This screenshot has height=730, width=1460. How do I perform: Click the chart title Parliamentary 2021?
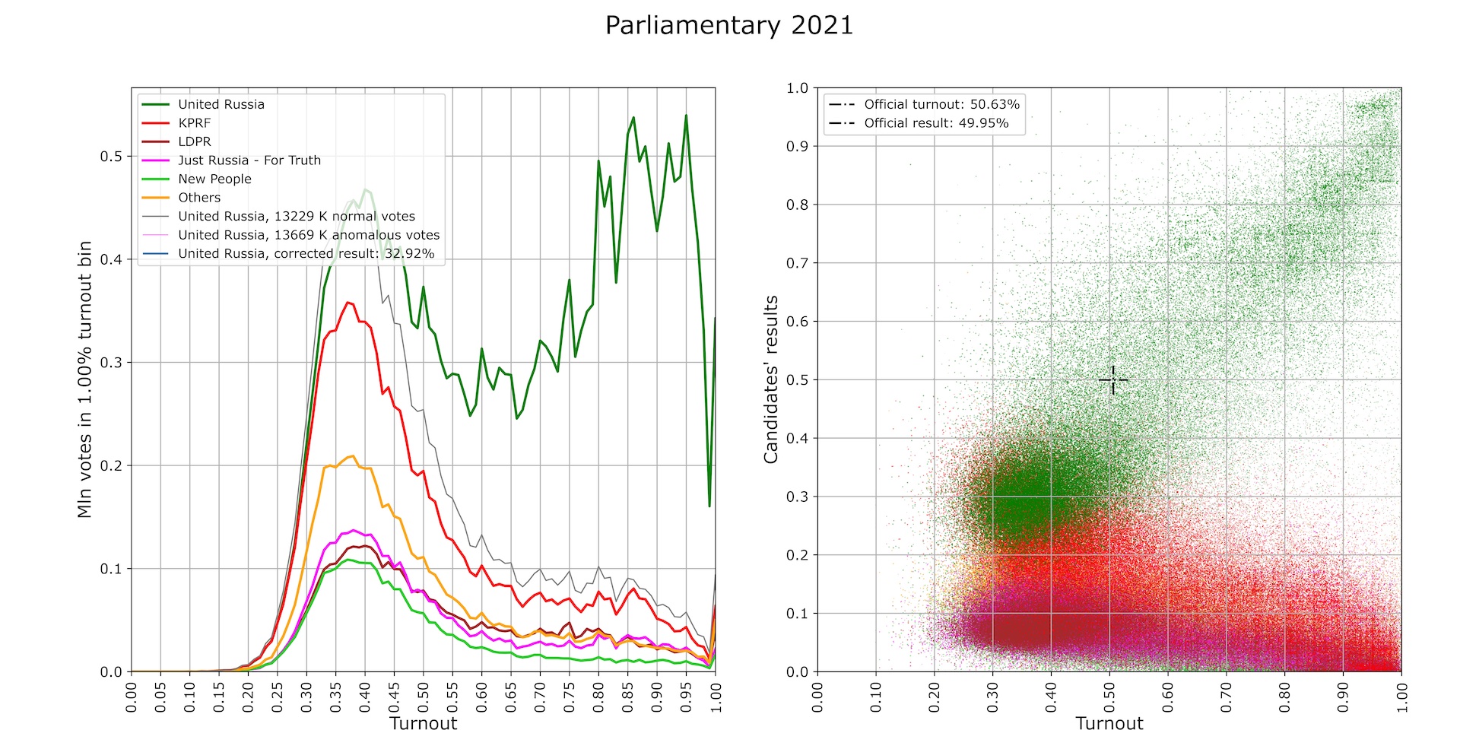728,26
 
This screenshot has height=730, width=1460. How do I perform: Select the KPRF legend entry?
194,123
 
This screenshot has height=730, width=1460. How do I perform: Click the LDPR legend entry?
194,141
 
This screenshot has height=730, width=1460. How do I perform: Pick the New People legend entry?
214,179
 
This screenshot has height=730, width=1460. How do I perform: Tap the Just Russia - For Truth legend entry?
249,160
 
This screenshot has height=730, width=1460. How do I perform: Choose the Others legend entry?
199,198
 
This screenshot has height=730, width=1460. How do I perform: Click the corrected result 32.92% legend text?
306,254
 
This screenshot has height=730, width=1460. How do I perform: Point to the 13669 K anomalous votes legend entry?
308,235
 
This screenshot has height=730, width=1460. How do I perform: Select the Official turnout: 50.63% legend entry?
941,104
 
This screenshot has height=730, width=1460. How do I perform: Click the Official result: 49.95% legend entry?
935,123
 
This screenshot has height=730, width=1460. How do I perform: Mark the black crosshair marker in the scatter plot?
1113,379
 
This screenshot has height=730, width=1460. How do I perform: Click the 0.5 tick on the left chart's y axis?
111,157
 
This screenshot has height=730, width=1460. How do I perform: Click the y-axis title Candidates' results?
771,379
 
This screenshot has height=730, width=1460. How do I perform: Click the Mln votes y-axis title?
84,379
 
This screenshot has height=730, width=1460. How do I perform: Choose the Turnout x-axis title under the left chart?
423,723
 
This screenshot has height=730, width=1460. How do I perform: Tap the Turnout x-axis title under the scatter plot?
1109,723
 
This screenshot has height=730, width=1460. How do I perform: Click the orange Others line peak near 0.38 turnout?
352,456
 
